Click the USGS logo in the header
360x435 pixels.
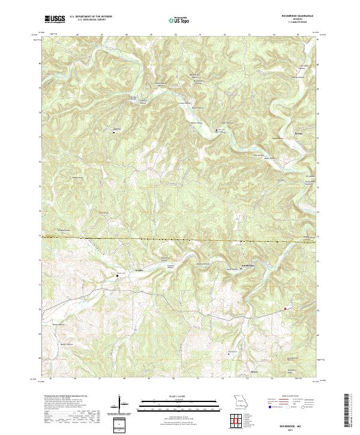point(55,19)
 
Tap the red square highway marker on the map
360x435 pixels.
point(285,309)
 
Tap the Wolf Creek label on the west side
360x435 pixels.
point(62,230)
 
